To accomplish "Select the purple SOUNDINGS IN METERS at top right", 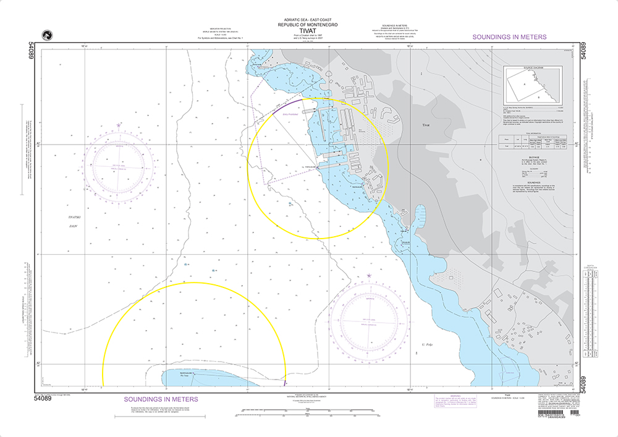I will [x=509, y=37].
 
